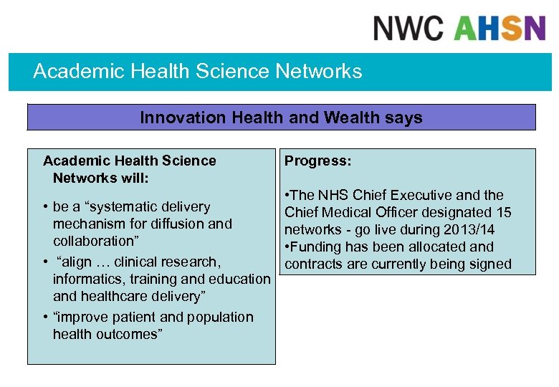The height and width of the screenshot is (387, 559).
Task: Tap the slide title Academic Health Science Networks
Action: pos(198,72)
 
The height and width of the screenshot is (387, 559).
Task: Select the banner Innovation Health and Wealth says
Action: pos(281,118)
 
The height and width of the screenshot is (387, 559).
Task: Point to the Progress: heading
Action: pos(317,161)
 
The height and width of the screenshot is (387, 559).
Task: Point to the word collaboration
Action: pos(93,241)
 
